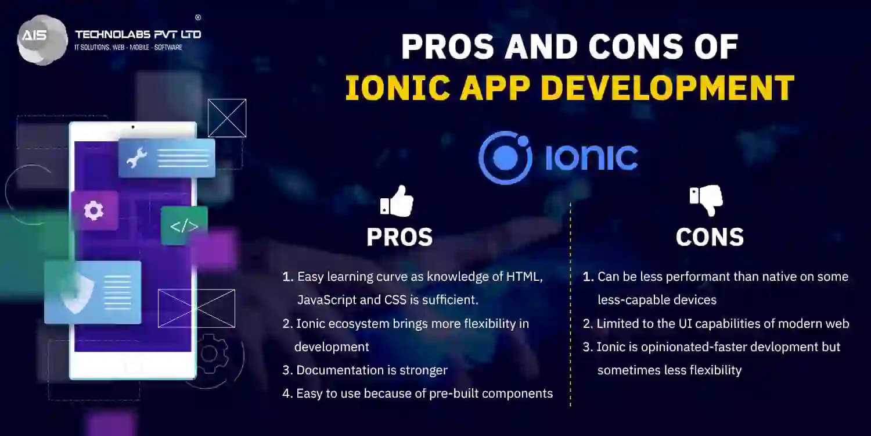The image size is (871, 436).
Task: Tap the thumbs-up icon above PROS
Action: point(397,202)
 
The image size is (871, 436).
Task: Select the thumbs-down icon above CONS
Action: point(707,200)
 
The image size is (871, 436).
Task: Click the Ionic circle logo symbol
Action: point(505,157)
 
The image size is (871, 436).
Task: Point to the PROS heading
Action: point(399,237)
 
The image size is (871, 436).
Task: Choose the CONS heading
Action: point(710,237)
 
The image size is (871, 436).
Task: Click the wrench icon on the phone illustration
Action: point(137,158)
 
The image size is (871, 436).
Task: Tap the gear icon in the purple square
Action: point(94,210)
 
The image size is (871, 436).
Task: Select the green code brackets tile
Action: point(184,226)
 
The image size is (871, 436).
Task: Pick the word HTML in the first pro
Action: point(523,277)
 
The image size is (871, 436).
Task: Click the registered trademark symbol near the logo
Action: point(198,17)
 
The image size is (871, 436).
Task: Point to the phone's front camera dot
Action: point(133,127)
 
